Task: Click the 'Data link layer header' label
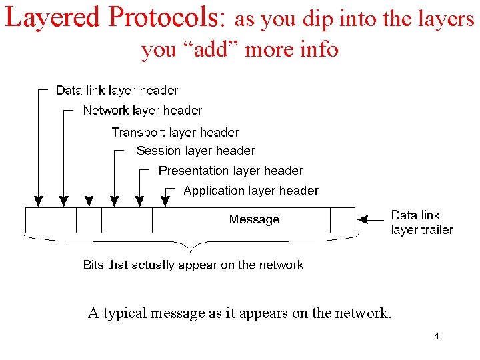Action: (117, 90)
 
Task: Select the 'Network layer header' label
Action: (142, 110)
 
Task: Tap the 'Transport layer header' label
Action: (175, 133)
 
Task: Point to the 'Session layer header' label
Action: (195, 151)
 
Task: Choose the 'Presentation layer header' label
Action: (230, 171)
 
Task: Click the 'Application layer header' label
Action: (251, 191)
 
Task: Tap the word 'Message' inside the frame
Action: (254, 219)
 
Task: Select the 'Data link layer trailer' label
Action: (421, 222)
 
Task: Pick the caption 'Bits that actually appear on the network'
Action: (193, 265)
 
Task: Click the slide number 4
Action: (436, 336)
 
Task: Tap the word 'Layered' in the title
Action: (51, 18)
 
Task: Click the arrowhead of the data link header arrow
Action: (39, 199)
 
